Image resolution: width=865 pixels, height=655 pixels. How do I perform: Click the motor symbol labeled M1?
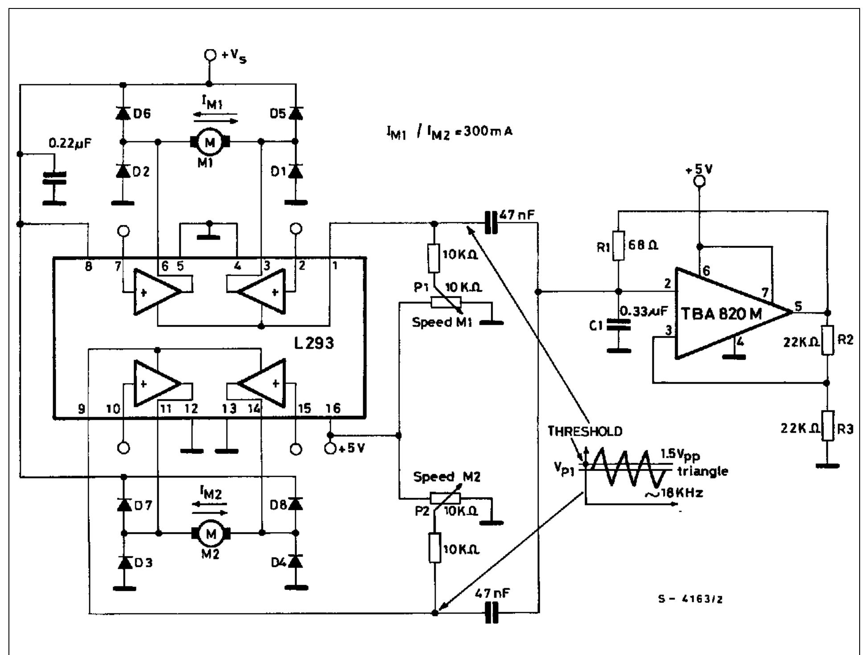pyautogui.click(x=209, y=142)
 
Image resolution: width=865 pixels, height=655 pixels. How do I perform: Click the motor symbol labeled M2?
pyautogui.click(x=210, y=533)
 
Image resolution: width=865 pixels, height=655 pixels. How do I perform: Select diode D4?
pyautogui.click(x=295, y=561)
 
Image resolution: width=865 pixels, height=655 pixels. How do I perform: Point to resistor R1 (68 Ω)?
pyautogui.click(x=618, y=246)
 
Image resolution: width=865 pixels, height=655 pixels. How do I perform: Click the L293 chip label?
pyautogui.click(x=314, y=343)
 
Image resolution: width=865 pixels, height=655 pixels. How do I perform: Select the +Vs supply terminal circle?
pyautogui.click(x=210, y=55)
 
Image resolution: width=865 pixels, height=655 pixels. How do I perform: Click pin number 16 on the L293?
pyautogui.click(x=333, y=408)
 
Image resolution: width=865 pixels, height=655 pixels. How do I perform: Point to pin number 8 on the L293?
pyautogui.click(x=89, y=266)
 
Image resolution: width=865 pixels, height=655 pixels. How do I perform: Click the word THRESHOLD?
pyautogui.click(x=585, y=431)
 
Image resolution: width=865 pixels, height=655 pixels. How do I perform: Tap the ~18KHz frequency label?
pyautogui.click(x=674, y=493)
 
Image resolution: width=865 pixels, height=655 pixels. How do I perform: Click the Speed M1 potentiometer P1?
pyautogui.click(x=446, y=303)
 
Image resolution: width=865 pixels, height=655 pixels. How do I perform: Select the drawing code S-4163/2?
pyautogui.click(x=690, y=599)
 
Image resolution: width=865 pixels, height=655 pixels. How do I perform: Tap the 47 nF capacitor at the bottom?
pyautogui.click(x=491, y=613)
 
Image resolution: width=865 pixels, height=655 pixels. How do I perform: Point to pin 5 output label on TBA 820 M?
pyautogui.click(x=798, y=306)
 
